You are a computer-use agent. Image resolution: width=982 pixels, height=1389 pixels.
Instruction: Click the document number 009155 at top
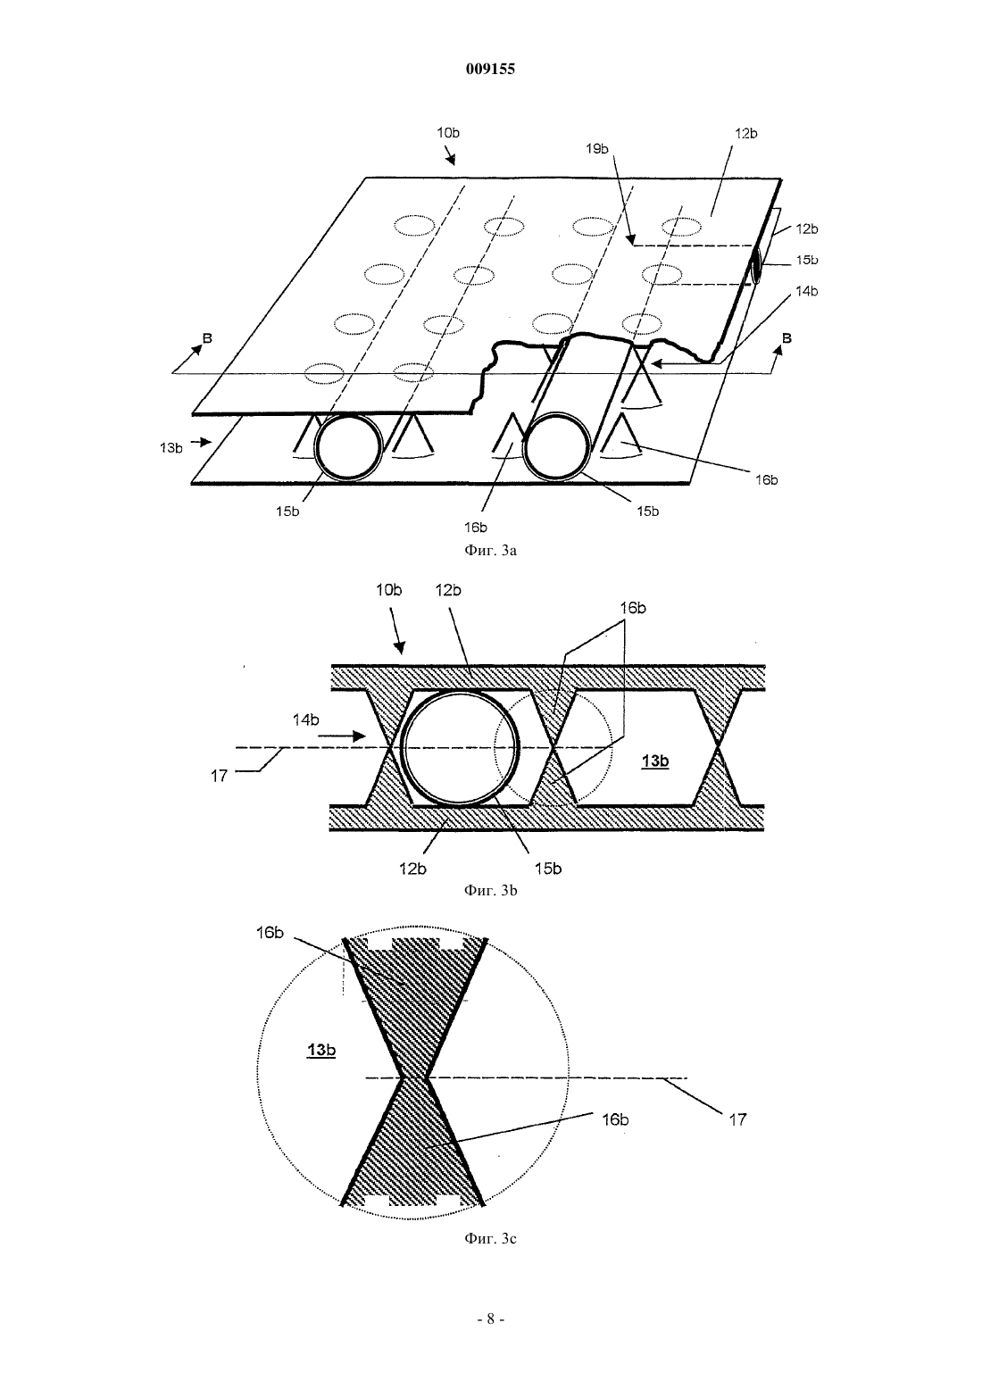(490, 70)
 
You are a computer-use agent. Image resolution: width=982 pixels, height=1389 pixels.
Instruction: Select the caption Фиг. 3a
(490, 550)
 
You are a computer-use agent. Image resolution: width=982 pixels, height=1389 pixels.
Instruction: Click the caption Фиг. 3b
(490, 890)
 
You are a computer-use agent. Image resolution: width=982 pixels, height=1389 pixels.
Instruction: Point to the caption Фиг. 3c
(490, 1238)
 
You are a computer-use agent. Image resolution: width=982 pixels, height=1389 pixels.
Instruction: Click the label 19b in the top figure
(597, 149)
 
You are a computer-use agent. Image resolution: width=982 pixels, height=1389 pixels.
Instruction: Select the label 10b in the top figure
(447, 133)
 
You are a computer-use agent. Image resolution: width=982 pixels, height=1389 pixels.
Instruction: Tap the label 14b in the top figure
(806, 291)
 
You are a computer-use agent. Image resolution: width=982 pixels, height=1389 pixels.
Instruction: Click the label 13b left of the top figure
(171, 448)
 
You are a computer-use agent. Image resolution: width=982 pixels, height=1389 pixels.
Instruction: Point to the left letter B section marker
(207, 338)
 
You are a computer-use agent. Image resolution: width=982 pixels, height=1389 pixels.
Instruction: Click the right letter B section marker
(786, 338)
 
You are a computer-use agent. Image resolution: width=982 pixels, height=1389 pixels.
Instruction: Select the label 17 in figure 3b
(220, 776)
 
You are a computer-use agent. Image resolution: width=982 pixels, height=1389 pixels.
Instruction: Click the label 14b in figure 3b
(305, 719)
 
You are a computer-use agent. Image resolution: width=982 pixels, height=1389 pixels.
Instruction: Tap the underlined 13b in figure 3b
(655, 761)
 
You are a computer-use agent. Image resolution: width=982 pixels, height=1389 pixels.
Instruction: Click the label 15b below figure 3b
(548, 869)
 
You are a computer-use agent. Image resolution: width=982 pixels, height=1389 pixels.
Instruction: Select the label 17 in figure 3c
(737, 1119)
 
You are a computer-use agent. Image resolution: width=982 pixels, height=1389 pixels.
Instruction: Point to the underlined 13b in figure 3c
(321, 1050)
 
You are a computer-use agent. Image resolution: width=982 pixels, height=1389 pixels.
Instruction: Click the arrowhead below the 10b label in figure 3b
(401, 649)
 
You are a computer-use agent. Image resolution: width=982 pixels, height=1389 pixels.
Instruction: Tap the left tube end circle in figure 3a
(348, 446)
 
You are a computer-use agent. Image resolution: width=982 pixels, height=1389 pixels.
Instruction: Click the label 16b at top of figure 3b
(632, 608)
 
